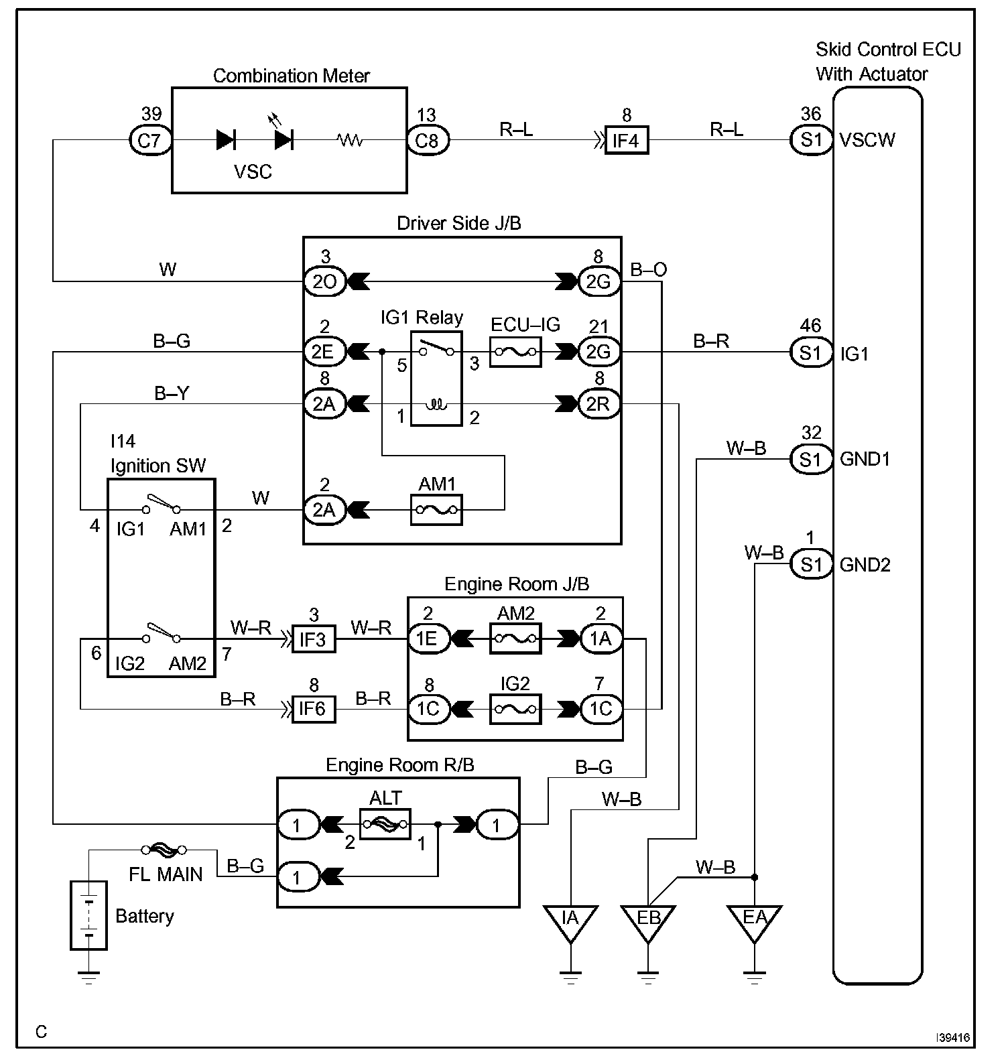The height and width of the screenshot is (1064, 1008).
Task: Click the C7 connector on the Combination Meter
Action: pos(150,141)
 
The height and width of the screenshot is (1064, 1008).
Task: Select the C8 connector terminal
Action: pos(428,141)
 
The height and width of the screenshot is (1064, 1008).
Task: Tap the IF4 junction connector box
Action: pos(627,141)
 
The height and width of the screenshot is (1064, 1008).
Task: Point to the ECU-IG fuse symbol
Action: pos(515,352)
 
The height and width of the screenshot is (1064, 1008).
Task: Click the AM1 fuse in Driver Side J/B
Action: pos(436,510)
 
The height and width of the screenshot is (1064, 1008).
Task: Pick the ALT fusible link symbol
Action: pos(385,824)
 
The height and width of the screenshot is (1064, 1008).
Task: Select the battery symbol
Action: pos(88,915)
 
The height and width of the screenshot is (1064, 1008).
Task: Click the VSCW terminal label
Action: pos(867,140)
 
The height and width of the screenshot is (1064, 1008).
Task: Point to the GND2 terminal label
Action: pos(865,565)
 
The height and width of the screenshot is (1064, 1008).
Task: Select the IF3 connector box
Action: pos(314,639)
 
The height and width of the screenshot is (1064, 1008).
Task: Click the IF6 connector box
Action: pos(314,709)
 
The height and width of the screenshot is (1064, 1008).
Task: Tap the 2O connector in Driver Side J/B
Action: pos(325,281)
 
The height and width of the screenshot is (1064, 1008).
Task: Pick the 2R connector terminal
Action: pos(598,404)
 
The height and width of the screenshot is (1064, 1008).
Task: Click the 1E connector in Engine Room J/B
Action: pos(429,639)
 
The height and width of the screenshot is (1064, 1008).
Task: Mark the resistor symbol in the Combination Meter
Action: pos(350,141)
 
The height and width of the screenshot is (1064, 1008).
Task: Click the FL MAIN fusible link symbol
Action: pos(164,851)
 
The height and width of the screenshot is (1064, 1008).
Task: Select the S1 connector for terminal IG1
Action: pos(811,352)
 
